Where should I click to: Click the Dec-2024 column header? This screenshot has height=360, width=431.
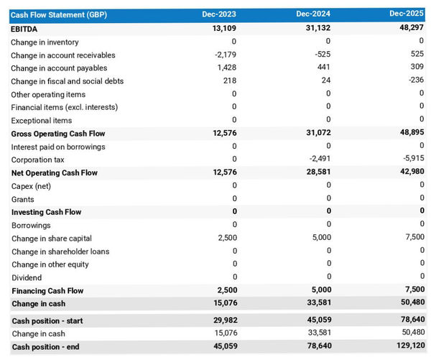pyautogui.click(x=312, y=14)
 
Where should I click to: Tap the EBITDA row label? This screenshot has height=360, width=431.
pyautogui.click(x=26, y=29)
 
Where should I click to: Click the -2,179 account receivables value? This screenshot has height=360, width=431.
pyautogui.click(x=226, y=55)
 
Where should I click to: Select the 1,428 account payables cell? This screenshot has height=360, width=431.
pyautogui.click(x=226, y=68)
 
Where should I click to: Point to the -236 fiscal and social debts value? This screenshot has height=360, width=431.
pyautogui.click(x=415, y=81)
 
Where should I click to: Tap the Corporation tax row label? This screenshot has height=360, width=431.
pyautogui.click(x=37, y=160)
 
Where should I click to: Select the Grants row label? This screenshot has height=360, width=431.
pyautogui.click(x=23, y=199)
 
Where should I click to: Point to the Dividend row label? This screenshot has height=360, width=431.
pyautogui.click(x=27, y=277)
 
